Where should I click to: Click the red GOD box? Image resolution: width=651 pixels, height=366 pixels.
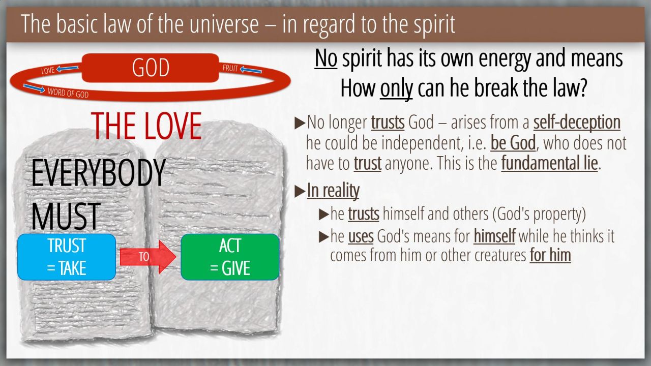click(x=150, y=68)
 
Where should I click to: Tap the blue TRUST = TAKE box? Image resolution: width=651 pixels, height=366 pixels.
click(x=67, y=257)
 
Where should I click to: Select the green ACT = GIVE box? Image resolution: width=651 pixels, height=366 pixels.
click(x=230, y=257)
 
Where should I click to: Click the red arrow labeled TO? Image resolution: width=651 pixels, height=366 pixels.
click(x=148, y=257)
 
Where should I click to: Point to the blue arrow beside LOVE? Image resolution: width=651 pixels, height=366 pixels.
click(x=67, y=69)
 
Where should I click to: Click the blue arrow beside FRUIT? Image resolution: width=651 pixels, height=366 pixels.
click(x=251, y=70)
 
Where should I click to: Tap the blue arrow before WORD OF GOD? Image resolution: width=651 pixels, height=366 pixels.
click(x=34, y=88)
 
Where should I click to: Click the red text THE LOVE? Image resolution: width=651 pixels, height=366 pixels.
click(x=146, y=126)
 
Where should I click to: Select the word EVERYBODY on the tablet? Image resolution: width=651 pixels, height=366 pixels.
click(x=98, y=173)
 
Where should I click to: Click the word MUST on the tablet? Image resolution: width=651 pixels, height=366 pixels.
click(x=66, y=217)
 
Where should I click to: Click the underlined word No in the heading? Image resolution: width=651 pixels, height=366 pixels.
click(x=326, y=58)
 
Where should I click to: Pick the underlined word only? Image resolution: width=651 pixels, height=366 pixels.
click(x=396, y=88)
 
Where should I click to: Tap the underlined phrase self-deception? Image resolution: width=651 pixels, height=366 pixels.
click(x=577, y=123)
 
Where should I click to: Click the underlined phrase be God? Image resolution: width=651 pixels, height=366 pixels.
click(x=513, y=143)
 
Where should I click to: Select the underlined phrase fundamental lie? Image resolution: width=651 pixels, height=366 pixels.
click(x=549, y=163)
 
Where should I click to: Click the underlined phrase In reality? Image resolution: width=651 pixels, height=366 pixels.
click(x=333, y=191)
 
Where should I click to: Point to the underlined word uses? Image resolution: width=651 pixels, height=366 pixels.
click(x=361, y=236)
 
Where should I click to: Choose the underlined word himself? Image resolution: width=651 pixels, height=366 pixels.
click(x=494, y=236)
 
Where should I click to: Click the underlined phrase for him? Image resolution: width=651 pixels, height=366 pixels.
click(x=550, y=255)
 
